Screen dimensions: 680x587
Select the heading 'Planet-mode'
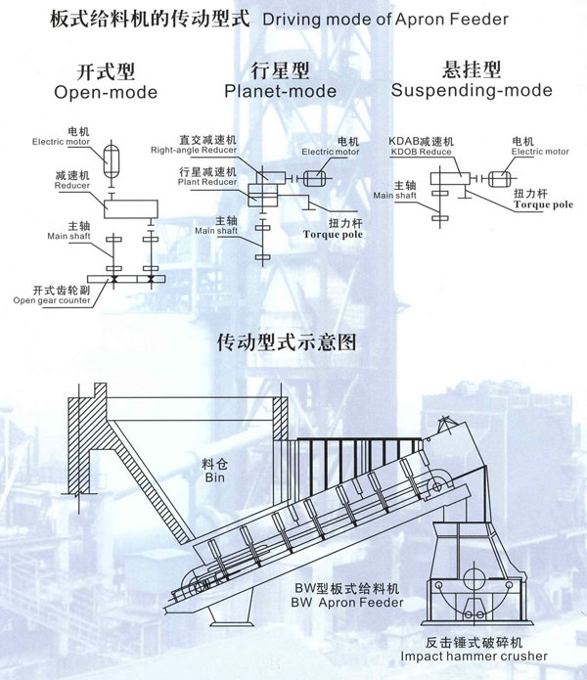[x=280, y=91]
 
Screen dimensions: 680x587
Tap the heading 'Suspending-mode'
[x=471, y=91]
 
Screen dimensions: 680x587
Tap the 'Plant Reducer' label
[x=203, y=182]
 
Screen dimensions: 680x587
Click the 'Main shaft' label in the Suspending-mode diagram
[x=397, y=195]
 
